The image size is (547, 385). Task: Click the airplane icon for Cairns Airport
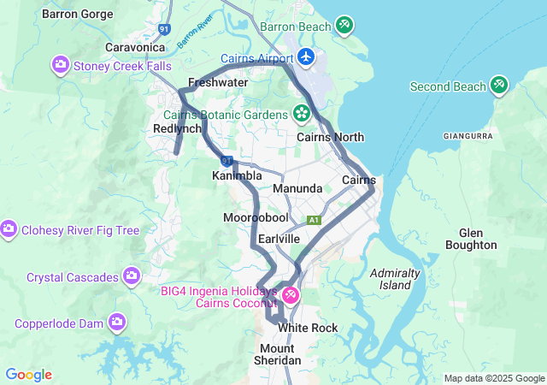(307, 57)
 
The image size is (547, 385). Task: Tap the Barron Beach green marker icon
(344, 26)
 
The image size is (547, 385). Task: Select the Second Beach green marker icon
(499, 86)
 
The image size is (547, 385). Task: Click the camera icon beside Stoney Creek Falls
(61, 65)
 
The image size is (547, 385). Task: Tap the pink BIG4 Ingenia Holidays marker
(291, 296)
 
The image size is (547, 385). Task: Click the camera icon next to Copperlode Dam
(116, 323)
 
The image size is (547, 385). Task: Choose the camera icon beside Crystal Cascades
(132, 276)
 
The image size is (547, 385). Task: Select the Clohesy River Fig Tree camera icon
(9, 229)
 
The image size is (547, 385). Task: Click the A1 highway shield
(315, 220)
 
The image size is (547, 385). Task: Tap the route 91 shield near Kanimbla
(226, 160)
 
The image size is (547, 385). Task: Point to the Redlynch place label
(177, 128)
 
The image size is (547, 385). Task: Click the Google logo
(28, 375)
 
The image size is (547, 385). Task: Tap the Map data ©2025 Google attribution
(493, 378)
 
